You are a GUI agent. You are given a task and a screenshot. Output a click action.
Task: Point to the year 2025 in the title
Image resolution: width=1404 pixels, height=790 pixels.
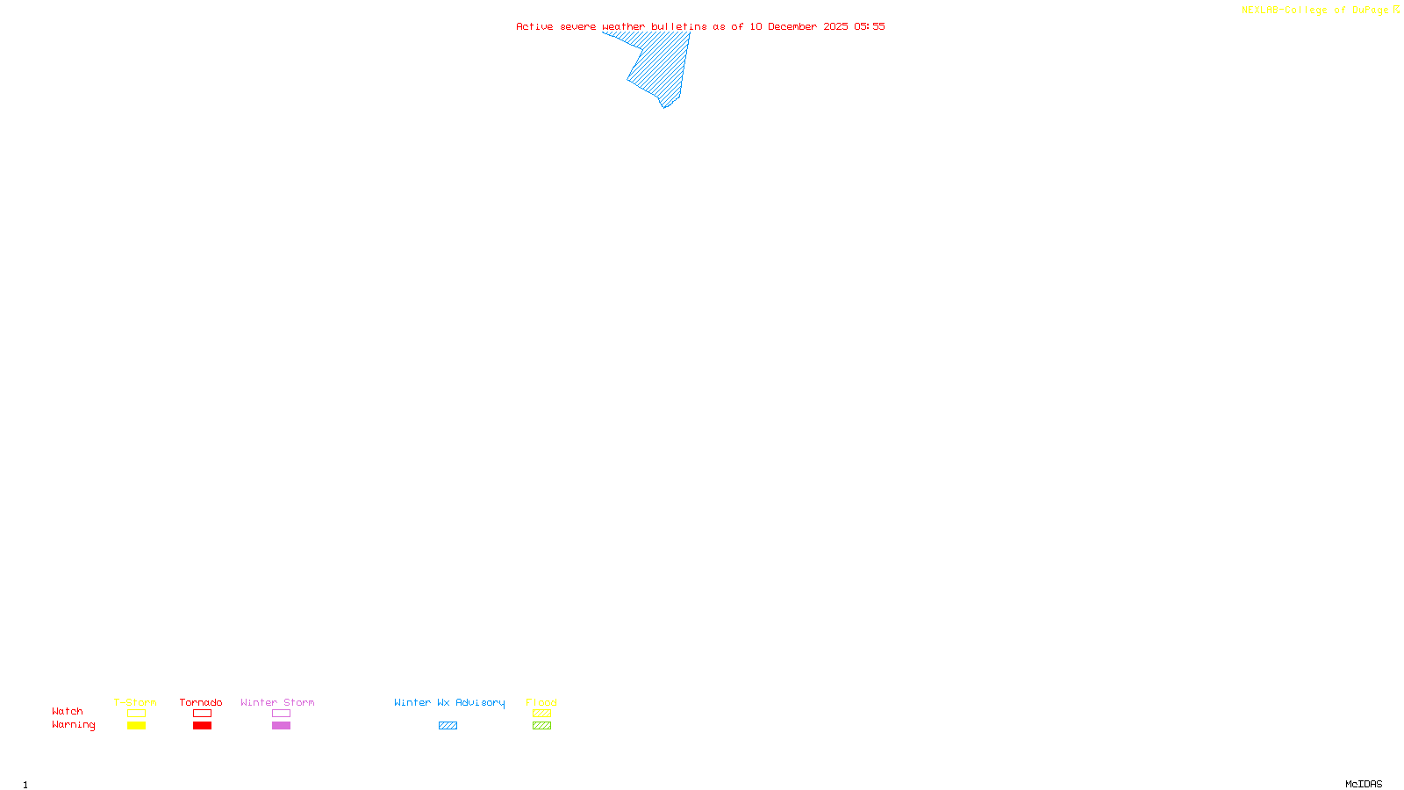pos(835,26)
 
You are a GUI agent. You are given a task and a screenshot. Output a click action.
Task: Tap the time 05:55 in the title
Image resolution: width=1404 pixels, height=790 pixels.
pos(870,26)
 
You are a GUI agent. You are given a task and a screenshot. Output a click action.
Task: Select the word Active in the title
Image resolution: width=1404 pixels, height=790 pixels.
pos(534,26)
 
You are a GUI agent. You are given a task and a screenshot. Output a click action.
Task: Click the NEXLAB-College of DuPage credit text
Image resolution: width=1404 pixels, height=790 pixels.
pos(1314,11)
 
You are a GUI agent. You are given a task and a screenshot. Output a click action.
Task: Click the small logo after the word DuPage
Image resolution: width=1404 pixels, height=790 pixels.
pos(1396,10)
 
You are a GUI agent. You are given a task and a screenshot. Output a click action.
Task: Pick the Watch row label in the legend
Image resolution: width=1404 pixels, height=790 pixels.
pos(68,712)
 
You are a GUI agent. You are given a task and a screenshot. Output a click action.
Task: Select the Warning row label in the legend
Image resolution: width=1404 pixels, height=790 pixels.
pos(73,725)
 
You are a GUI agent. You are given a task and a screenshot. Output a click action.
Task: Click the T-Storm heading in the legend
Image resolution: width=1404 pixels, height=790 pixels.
pos(135,702)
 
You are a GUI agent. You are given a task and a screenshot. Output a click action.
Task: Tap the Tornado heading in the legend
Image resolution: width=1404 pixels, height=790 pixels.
pos(201,702)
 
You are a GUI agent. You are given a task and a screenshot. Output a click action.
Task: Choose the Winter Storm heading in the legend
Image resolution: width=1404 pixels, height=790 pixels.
pos(277,702)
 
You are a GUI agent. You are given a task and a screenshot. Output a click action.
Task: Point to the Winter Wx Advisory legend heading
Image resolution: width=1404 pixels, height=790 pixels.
pos(449,702)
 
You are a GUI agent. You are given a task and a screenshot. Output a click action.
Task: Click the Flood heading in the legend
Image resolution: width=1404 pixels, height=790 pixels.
pos(541,702)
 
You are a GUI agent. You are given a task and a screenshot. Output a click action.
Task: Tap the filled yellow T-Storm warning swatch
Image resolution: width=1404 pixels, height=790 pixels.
pos(136,726)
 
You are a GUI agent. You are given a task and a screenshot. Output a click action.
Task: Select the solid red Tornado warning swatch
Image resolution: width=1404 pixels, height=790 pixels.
pos(202,726)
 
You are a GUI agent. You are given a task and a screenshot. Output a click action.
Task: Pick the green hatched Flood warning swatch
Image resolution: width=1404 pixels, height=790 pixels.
pos(541,726)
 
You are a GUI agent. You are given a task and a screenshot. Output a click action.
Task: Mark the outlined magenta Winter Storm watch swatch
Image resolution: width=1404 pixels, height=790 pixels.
pos(281,714)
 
